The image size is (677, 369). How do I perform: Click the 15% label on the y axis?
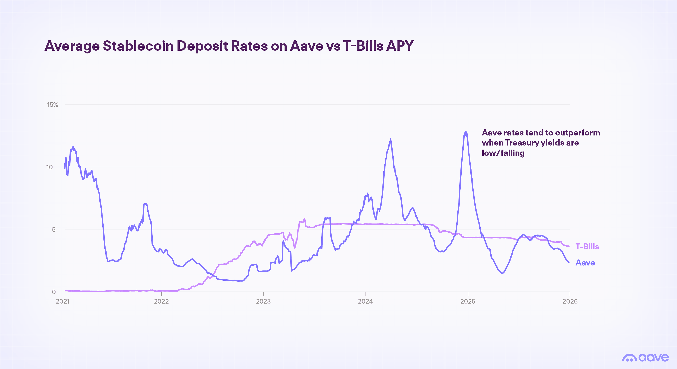coord(52,105)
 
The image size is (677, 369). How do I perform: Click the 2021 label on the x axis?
coord(63,301)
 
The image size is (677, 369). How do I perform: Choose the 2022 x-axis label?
coord(161,301)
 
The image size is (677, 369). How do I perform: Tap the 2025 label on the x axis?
coord(468,301)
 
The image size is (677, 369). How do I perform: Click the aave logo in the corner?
coord(645,358)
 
